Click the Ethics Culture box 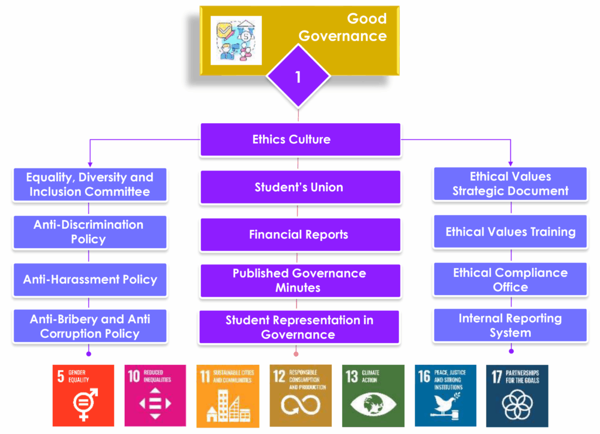tap(300, 140)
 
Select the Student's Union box tap(300, 188)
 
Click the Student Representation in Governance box tap(299, 327)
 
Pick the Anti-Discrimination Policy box tap(89, 232)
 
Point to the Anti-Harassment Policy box tap(89, 279)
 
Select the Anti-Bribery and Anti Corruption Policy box tap(89, 326)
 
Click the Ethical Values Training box tap(510, 232)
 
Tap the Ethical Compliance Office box tap(510, 280)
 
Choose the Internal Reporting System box tap(510, 325)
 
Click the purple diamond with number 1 tap(298, 77)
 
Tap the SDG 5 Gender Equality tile tap(83, 395)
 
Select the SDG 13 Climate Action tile tap(373, 395)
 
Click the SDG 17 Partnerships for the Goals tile tap(517, 395)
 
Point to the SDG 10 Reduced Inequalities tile tap(155, 395)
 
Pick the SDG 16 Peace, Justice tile tap(445, 395)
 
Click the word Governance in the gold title tap(343, 36)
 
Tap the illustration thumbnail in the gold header tap(236, 40)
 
